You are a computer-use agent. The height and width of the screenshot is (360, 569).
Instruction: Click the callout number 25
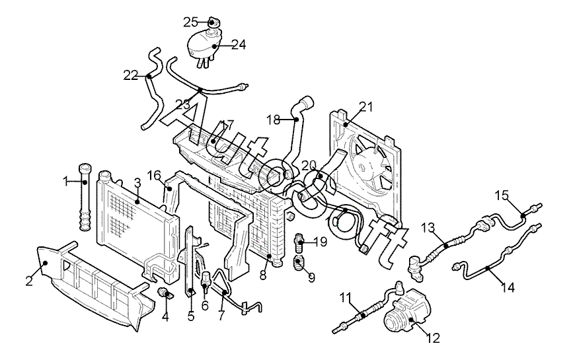pos(190,22)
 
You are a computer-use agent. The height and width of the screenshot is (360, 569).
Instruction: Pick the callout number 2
pos(29,281)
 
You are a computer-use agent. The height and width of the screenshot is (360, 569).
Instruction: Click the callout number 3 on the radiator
pos(137,182)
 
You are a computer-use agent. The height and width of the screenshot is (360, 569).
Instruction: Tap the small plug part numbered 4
pos(164,293)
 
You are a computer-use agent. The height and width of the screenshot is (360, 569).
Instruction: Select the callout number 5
pos(191,316)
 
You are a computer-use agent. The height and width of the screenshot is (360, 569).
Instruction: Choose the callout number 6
pos(206,306)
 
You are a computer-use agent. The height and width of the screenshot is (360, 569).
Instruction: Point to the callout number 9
pos(311,277)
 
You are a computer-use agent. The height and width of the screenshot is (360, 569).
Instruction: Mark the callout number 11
pos(345,296)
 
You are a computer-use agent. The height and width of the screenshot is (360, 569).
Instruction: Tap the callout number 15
pos(502,195)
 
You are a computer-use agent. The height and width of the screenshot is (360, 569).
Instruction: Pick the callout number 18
pos(274,120)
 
